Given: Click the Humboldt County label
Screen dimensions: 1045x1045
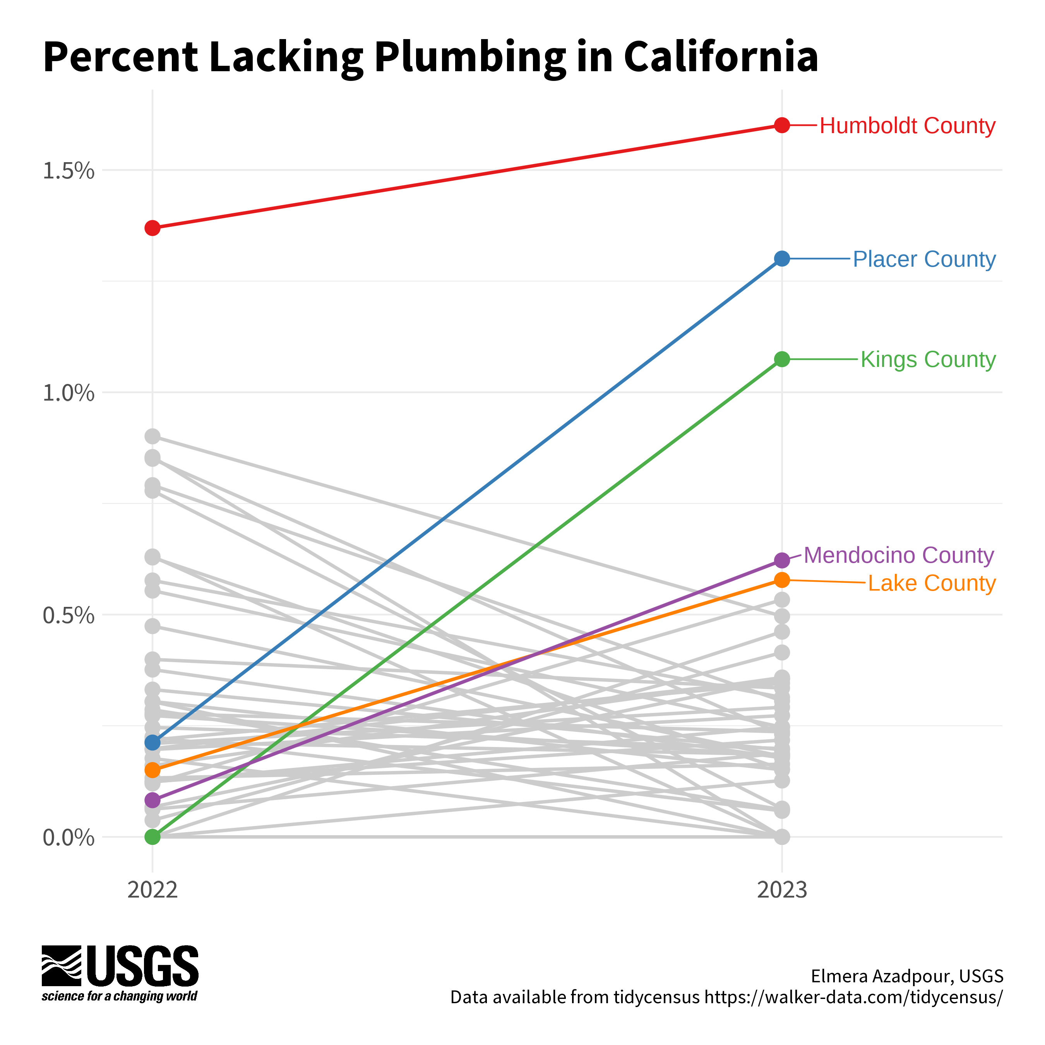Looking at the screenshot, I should pyautogui.click(x=907, y=126).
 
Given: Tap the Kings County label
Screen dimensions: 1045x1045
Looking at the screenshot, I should pyautogui.click(x=928, y=360).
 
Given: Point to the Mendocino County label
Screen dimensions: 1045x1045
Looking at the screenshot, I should pyautogui.click(x=898, y=555).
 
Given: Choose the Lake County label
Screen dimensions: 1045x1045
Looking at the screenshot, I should pyautogui.click(x=932, y=584).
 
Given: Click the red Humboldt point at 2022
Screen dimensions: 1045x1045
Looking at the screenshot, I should pyautogui.click(x=152, y=228).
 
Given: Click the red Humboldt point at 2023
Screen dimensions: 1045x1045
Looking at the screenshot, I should pyautogui.click(x=781, y=125).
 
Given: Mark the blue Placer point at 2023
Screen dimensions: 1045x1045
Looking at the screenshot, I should pyautogui.click(x=781, y=259).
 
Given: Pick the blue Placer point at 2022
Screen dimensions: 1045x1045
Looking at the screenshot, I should pyautogui.click(x=152, y=742).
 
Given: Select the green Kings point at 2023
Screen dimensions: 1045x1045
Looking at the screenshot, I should pyautogui.click(x=781, y=359).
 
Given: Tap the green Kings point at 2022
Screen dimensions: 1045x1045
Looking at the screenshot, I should pyautogui.click(x=152, y=837).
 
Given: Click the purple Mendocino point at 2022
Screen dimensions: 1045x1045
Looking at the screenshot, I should pyautogui.click(x=152, y=800).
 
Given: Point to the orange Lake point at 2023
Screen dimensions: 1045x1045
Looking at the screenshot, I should pyautogui.click(x=781, y=580).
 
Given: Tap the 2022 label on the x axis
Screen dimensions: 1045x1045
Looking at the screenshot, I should pyautogui.click(x=152, y=890).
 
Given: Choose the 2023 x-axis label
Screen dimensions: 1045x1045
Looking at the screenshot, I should pyautogui.click(x=781, y=890).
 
